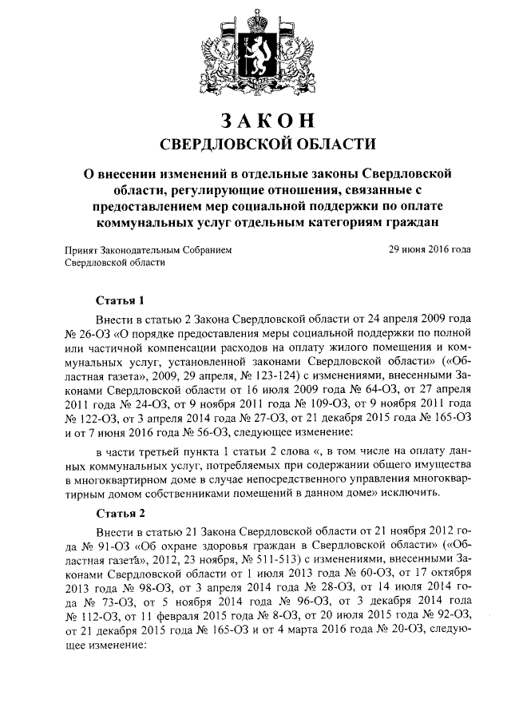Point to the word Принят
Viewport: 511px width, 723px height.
[x=82, y=250]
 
